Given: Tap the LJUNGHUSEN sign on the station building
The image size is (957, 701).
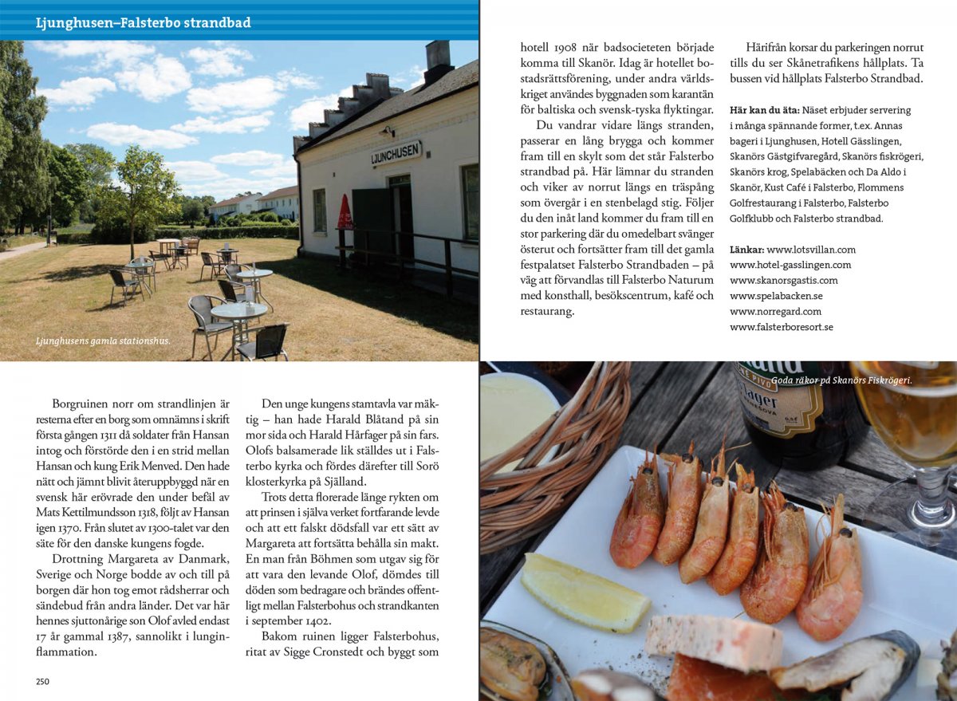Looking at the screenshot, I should click(x=396, y=152).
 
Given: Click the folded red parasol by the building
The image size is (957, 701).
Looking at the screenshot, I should click(x=345, y=214).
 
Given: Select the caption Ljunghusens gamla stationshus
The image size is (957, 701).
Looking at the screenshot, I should click(x=102, y=341).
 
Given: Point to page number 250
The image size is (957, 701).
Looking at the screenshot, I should click(x=42, y=681).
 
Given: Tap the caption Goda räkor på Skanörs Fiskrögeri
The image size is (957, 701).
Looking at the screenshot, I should click(x=841, y=380).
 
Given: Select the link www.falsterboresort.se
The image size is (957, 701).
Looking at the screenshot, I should click(x=781, y=327).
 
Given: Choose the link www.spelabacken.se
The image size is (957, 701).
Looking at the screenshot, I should click(x=776, y=296).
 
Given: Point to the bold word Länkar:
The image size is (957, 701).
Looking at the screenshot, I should click(x=746, y=250).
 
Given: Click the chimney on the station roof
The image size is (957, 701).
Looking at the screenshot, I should click(x=438, y=61).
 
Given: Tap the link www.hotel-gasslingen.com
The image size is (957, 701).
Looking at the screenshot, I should click(x=790, y=265).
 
